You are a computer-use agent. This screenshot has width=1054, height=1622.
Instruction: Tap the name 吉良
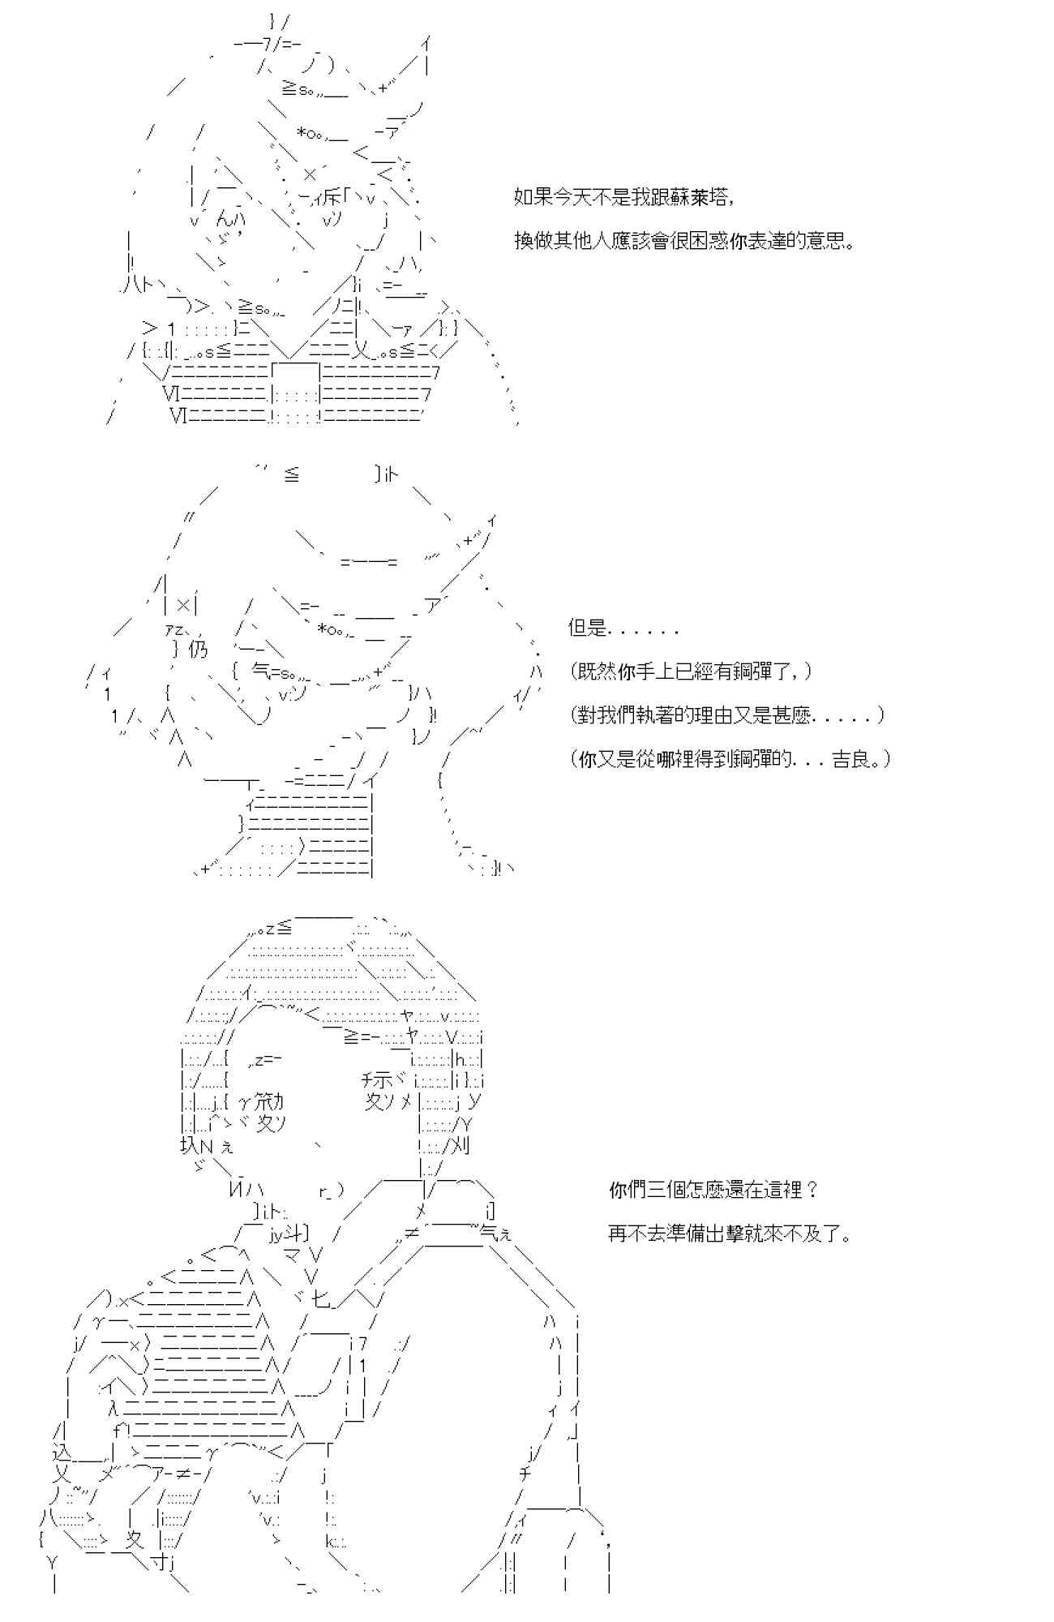[852, 759]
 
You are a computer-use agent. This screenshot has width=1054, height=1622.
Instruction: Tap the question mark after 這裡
[813, 1190]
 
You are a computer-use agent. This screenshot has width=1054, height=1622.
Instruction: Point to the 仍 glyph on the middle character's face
[198, 650]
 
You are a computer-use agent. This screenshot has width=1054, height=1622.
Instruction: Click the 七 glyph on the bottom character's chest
[323, 1300]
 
